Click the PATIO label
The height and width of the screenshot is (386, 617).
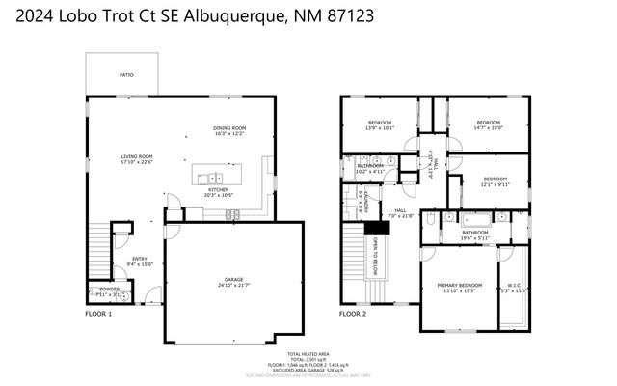126,74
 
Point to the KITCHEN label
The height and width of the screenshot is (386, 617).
220,191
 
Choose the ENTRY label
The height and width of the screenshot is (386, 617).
140,258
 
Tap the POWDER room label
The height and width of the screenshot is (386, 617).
109,290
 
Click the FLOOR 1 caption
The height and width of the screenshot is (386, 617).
98,314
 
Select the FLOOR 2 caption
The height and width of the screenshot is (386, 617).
353,314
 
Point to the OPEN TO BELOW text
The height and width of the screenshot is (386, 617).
376,252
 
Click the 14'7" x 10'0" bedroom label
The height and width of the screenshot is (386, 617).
489,124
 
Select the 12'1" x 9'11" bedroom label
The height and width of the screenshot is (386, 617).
495,179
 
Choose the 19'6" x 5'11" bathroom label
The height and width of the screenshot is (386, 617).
474,233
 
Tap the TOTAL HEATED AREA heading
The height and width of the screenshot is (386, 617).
308,354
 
